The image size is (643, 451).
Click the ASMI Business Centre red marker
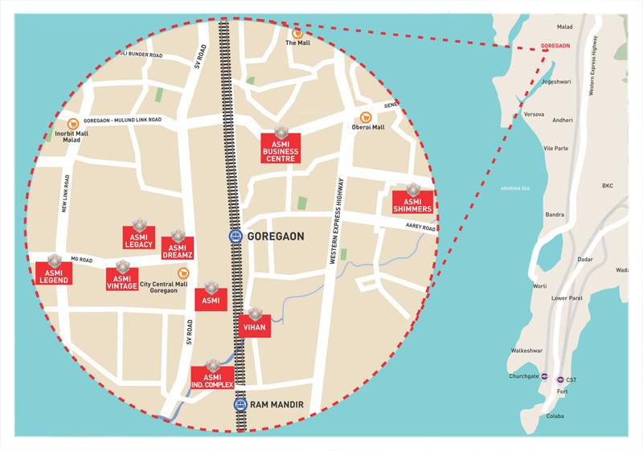click(x=281, y=149)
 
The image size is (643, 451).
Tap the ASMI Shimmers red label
click(x=412, y=203)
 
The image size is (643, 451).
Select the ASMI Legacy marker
click(x=138, y=238)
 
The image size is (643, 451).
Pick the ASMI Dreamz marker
click(x=178, y=249)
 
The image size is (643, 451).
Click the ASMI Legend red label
click(x=54, y=273)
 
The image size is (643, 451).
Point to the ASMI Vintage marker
click(x=122, y=280)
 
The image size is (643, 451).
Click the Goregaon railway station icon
click(x=235, y=236)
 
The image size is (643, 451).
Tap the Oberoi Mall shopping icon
click(x=366, y=117)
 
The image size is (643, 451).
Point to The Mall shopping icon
click(x=297, y=34)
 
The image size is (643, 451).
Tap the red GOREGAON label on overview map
click(x=555, y=46)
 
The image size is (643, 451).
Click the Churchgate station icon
click(x=544, y=375)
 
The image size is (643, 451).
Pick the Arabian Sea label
click(x=515, y=189)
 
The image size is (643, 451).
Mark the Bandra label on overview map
click(x=555, y=215)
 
